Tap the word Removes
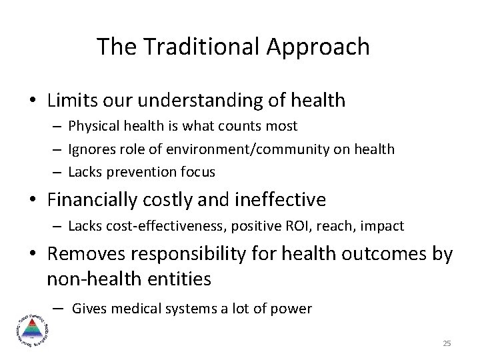click(87, 254)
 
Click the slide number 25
click(447, 343)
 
